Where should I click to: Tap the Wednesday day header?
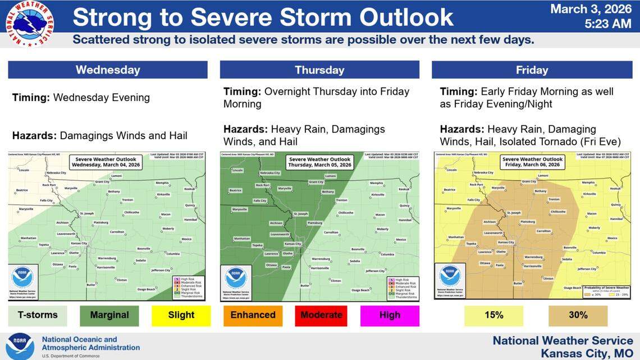(108, 70)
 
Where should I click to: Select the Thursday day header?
(319, 70)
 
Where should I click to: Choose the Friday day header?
(531, 70)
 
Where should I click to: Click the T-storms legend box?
(37, 315)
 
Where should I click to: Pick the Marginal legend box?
(109, 315)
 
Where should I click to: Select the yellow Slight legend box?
(181, 315)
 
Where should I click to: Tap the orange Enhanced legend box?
(253, 315)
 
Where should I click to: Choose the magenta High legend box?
(390, 315)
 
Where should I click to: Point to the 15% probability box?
(494, 315)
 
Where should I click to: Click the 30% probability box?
(578, 315)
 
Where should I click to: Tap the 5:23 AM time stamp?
(607, 24)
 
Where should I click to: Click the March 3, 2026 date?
(591, 9)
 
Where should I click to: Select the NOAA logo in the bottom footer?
(20, 345)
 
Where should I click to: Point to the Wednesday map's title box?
(106, 163)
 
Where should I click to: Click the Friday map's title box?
(531, 163)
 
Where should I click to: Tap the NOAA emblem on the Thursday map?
(235, 277)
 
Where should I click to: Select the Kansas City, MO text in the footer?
(587, 353)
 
